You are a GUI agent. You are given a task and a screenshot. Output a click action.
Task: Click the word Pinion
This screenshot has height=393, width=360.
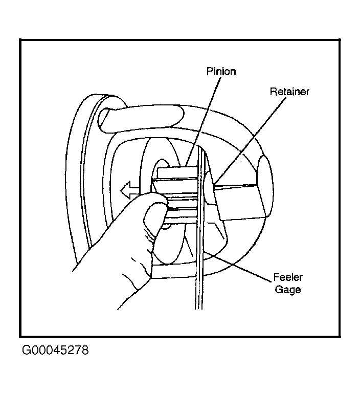tap(221, 72)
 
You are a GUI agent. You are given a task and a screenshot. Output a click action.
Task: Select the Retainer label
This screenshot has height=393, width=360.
tap(289, 92)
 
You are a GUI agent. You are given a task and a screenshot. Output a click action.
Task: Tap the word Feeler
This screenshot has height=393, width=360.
tap(288, 277)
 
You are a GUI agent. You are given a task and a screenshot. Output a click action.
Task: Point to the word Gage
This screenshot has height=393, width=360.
tap(288, 290)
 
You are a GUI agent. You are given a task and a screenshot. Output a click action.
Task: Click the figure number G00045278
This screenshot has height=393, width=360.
tap(55, 350)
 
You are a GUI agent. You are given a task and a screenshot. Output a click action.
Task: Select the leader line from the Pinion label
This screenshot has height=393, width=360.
tap(203, 121)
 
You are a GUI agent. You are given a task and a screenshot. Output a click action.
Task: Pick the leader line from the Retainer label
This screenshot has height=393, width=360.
tap(250, 142)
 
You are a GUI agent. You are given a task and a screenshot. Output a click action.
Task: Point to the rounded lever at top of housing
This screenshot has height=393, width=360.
tap(141, 119)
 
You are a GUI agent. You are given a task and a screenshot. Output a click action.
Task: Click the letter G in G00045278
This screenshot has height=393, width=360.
tap(26, 350)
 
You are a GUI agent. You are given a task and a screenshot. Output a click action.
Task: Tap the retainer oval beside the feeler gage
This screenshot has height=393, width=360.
tap(210, 188)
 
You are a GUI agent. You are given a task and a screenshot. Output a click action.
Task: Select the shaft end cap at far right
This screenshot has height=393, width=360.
tap(265, 186)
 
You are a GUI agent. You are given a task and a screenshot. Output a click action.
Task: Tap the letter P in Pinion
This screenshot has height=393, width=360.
tap(210, 72)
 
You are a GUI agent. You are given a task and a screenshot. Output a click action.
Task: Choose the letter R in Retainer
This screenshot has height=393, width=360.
tap(273, 92)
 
